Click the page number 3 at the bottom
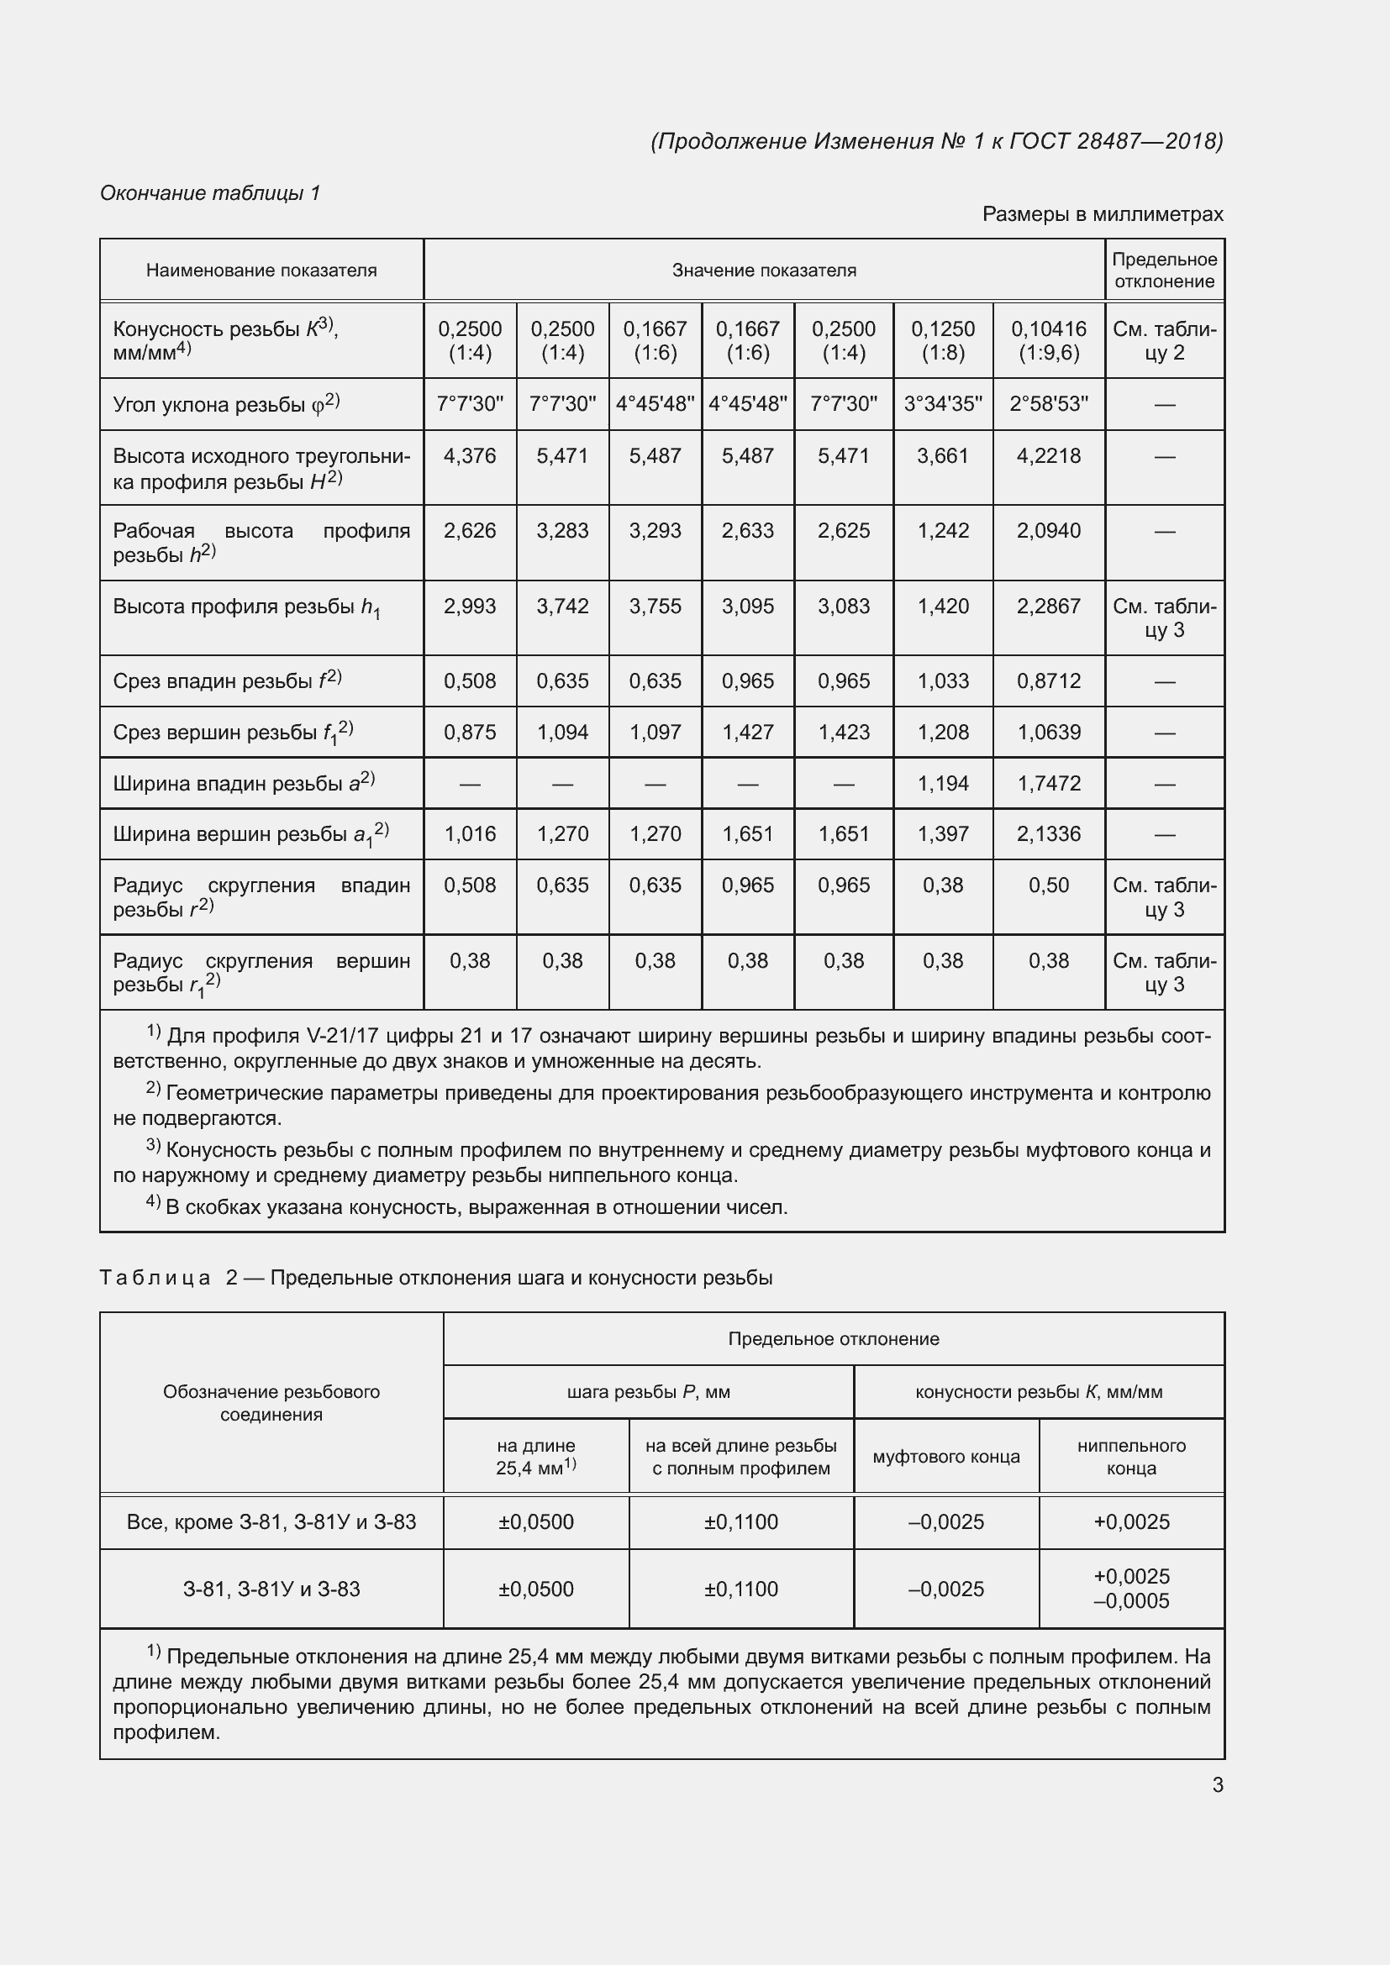point(1217,1784)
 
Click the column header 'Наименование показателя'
point(261,271)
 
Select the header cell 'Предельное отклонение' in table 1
point(1164,271)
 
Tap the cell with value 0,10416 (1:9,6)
point(1049,340)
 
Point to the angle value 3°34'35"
point(942,404)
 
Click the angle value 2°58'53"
point(1049,404)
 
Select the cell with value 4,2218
point(1049,456)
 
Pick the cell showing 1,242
point(942,531)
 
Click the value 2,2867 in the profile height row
point(1049,606)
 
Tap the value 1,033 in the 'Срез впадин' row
point(942,681)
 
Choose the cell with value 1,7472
point(1049,783)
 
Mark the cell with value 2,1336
point(1049,833)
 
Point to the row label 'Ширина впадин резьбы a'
point(244,783)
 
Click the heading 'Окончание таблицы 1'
point(210,193)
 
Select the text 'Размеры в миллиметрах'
point(1103,214)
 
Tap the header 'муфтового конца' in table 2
point(945,1457)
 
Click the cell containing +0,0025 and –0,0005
point(1130,1589)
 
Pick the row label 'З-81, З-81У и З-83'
point(271,1589)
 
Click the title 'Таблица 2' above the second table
point(155,1278)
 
